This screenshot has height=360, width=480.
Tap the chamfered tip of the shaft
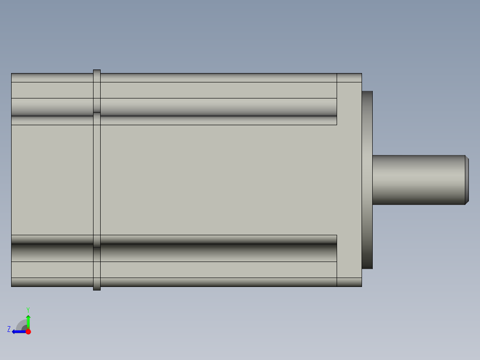click(x=467, y=180)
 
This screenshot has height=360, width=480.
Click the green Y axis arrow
click(x=28, y=321)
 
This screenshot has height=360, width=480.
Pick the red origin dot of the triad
click(x=28, y=331)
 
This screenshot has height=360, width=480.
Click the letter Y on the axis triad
click(x=28, y=309)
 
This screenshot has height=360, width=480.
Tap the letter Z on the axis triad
click(x=9, y=329)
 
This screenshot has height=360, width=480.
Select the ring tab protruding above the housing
click(x=97, y=71)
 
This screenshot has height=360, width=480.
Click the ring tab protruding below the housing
click(x=97, y=288)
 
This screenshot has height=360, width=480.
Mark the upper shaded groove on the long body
click(x=218, y=107)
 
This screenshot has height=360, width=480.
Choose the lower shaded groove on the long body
click(x=218, y=253)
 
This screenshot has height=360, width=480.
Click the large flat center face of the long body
click(x=218, y=180)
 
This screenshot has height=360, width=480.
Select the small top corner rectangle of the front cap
click(x=349, y=78)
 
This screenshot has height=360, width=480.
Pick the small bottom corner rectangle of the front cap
click(x=349, y=282)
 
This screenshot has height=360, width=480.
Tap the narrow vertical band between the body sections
click(x=97, y=180)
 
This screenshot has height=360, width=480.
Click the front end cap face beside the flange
click(x=350, y=180)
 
